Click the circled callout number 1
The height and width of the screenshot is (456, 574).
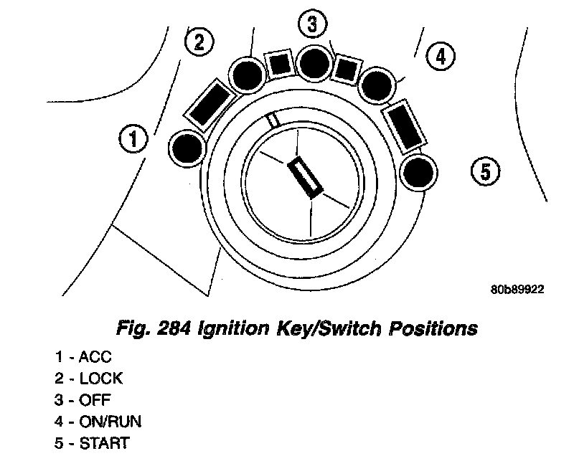click(133, 138)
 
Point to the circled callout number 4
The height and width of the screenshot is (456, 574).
click(440, 55)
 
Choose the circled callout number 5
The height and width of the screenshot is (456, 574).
click(485, 171)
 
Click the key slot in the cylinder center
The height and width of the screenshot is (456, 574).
click(304, 177)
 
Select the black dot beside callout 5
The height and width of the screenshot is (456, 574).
click(418, 172)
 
